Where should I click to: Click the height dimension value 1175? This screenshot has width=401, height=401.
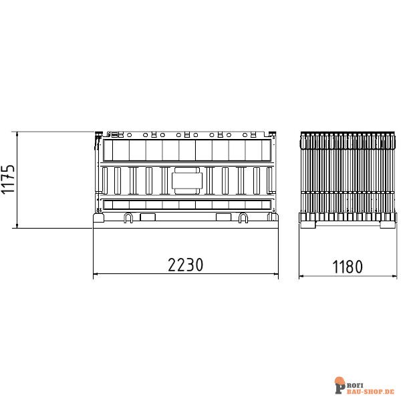[8, 179]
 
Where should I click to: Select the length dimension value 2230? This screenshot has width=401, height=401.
[185, 265]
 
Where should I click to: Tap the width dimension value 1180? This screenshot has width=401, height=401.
[348, 267]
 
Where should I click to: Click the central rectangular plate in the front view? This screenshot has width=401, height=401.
[187, 181]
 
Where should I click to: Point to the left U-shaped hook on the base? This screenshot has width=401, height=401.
[128, 218]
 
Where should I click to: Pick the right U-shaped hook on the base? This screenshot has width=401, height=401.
[243, 218]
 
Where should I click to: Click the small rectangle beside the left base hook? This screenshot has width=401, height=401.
[148, 217]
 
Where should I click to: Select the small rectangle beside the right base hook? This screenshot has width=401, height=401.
[223, 217]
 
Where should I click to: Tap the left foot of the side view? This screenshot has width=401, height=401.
[308, 225]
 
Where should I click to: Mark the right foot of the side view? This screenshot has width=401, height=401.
[388, 225]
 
